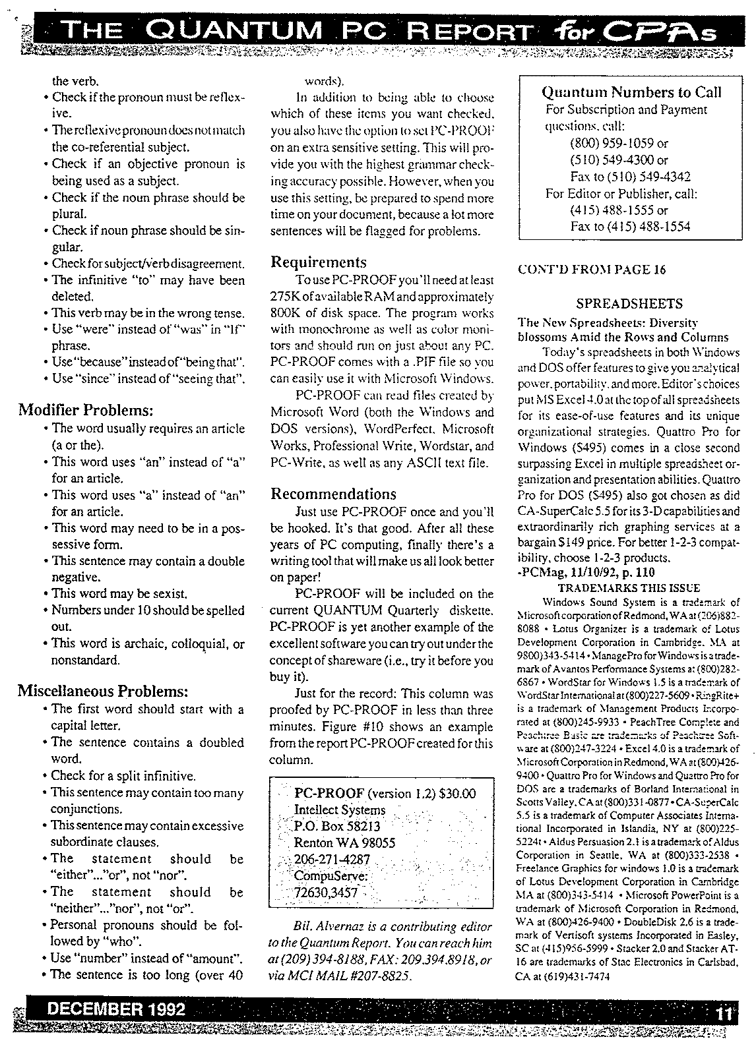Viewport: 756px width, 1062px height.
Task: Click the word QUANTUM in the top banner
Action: (234, 30)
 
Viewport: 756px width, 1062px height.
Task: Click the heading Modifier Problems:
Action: (86, 411)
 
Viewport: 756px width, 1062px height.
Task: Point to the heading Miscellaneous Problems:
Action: (103, 692)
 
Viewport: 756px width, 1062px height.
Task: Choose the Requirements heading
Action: (319, 262)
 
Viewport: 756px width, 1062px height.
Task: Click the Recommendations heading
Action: (334, 494)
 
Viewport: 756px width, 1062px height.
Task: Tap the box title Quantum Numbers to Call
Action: (631, 92)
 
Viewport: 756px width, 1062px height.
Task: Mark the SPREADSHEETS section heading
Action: (629, 304)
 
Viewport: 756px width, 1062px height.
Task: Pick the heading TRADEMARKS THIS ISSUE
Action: (629, 588)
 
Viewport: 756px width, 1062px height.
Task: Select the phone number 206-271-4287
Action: (332, 860)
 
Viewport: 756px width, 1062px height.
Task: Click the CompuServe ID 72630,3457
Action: (326, 893)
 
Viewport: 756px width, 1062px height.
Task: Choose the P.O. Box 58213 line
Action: (337, 826)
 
